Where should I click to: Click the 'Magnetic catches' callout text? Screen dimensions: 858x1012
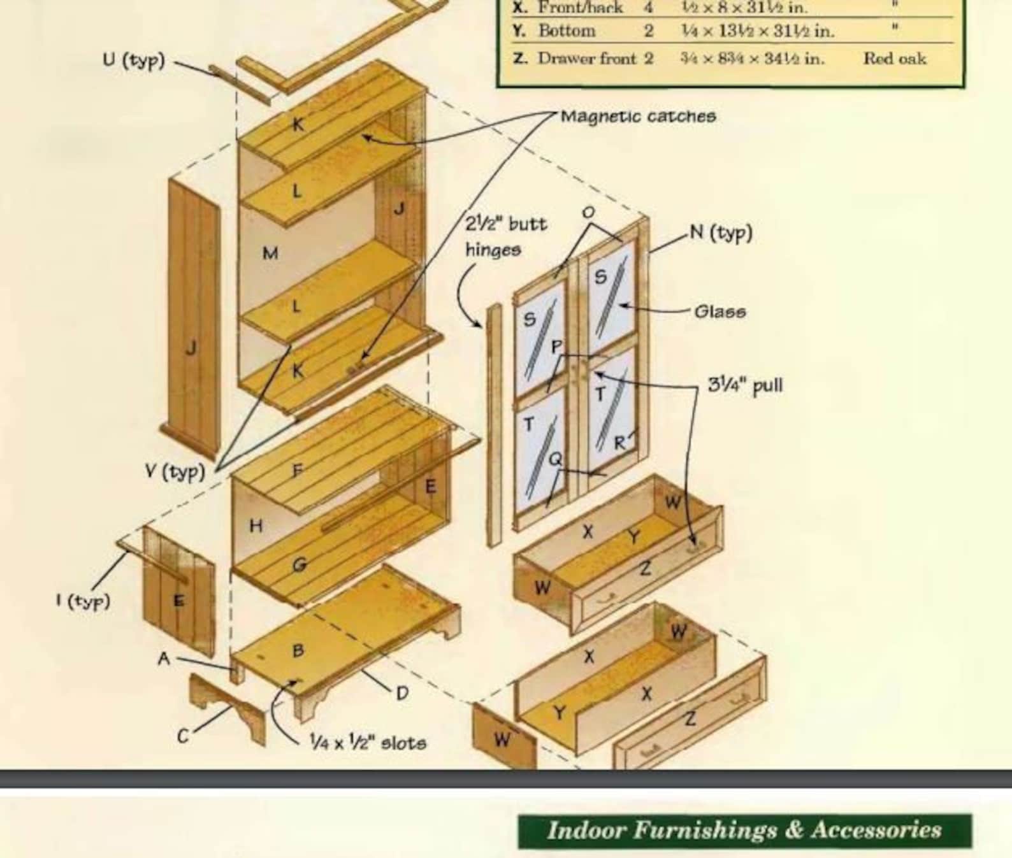pos(638,117)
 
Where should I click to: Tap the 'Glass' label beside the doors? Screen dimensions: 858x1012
pos(719,311)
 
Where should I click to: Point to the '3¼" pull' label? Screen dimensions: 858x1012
pos(745,385)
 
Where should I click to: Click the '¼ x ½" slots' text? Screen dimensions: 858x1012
pos(367,743)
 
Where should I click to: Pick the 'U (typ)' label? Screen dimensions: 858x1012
pos(134,61)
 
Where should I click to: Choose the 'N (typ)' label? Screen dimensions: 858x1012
pos(721,232)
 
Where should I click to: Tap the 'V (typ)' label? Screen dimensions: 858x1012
pos(175,472)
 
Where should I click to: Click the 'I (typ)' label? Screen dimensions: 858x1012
pos(83,601)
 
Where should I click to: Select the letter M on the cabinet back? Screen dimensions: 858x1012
pos(270,254)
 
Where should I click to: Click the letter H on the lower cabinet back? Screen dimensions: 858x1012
pos(256,526)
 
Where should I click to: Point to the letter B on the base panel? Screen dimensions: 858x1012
pos(298,650)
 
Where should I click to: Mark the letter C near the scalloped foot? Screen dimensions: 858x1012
pos(183,736)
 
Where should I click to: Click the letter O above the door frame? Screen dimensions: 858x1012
pos(589,212)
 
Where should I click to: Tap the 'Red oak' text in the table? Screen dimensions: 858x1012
pos(895,59)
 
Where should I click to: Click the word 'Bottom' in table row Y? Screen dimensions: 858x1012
pos(567,31)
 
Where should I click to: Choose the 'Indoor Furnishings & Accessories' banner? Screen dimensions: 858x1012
pos(744,831)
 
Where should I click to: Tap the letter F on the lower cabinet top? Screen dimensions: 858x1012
pos(297,471)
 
